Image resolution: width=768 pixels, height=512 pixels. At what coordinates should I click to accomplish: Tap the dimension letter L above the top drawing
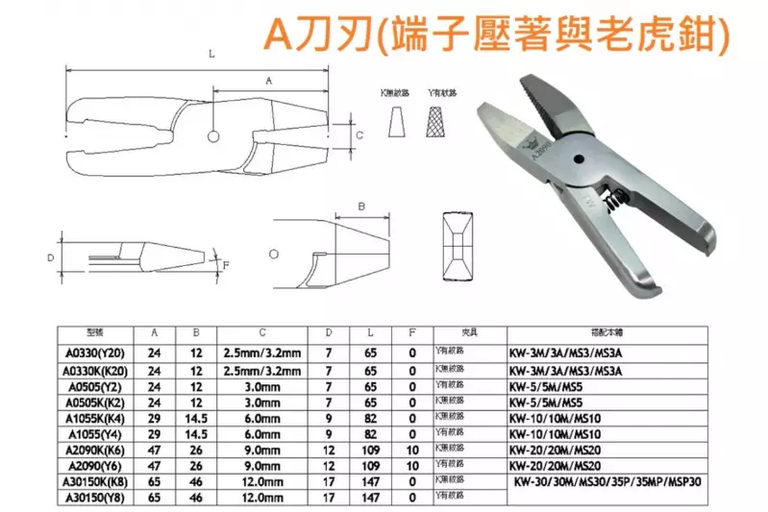(x=211, y=57)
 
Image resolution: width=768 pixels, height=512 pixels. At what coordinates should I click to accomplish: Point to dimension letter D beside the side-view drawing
(x=50, y=258)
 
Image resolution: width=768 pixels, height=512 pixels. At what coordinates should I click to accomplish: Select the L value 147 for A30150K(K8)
(x=369, y=482)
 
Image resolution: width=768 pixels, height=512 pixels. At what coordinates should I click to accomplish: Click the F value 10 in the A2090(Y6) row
(x=412, y=466)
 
